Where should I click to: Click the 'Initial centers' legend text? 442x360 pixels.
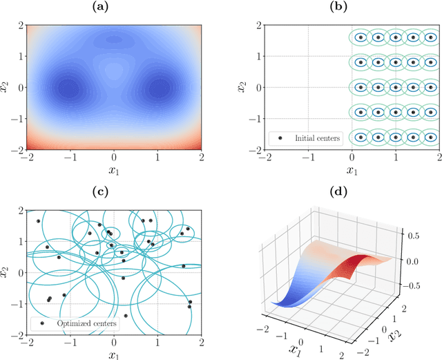point(318,138)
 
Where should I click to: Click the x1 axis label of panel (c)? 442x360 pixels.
point(114,354)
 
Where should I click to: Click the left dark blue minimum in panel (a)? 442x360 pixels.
point(67,88)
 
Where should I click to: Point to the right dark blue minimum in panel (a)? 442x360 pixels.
point(160,88)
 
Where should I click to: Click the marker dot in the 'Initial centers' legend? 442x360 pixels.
point(280,138)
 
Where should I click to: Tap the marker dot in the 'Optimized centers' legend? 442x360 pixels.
point(42,323)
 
